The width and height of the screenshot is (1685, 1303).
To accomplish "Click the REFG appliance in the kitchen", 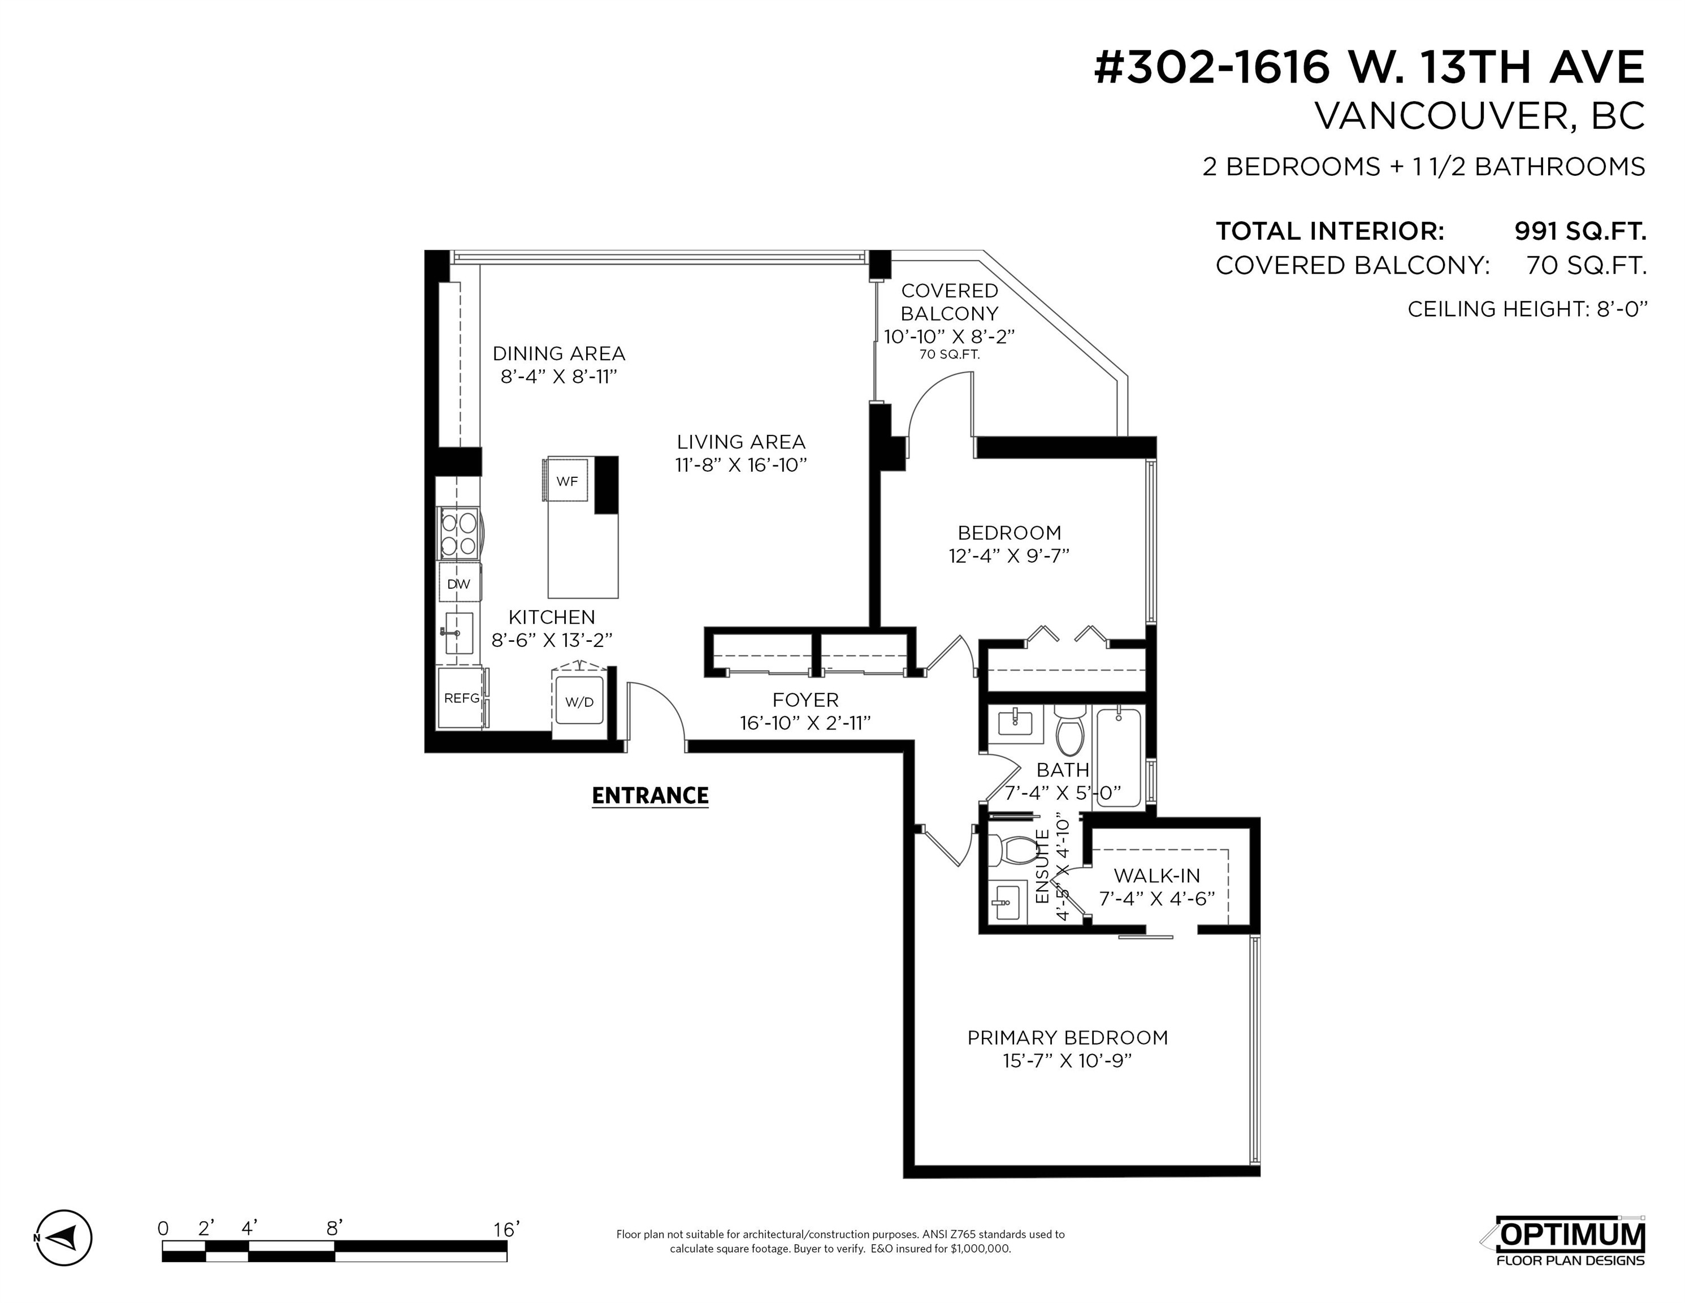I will pos(461,698).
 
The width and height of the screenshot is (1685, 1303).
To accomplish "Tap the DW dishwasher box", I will pos(458,584).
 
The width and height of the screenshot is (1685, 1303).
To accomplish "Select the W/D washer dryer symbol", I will pos(579,702).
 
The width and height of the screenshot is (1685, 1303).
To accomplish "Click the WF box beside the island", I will pos(567,481).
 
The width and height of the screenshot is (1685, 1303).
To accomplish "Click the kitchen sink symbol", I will pos(458,633).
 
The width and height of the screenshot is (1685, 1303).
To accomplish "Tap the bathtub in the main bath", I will pos(1118,757).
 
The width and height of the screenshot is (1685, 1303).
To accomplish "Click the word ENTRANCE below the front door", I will pos(649,796).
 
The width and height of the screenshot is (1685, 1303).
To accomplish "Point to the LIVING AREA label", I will pos(740,442).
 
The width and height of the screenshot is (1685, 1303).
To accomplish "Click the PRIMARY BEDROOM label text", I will pos(1067,1037).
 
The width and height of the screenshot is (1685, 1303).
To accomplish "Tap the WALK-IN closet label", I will pos(1156,875).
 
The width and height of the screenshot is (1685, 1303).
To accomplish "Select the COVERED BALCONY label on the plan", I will pos(949,302).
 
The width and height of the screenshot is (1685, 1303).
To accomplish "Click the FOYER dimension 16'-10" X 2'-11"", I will pos(805,723).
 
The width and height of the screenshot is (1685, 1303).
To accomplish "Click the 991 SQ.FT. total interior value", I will pos(1580,231).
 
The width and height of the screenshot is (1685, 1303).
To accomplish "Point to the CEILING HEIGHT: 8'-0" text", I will pos(1527,309).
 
